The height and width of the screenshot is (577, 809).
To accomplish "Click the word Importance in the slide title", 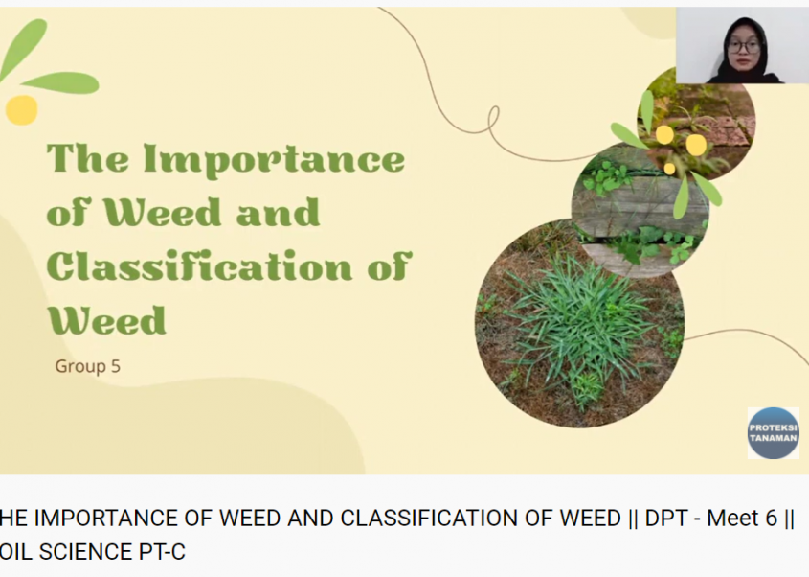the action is click(x=274, y=160).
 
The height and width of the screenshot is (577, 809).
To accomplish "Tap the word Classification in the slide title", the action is click(x=199, y=266).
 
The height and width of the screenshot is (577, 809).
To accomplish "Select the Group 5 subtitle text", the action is click(x=88, y=366).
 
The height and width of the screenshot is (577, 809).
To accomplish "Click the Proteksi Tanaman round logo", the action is click(x=773, y=433).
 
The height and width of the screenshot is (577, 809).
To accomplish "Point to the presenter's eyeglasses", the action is click(x=744, y=46).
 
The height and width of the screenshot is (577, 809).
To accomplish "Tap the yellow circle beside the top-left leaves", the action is click(x=22, y=109).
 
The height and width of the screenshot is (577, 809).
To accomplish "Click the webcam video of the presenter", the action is click(x=742, y=45).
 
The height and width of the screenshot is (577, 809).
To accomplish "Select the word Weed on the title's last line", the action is click(x=107, y=321).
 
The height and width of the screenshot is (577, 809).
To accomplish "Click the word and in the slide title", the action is click(x=278, y=213).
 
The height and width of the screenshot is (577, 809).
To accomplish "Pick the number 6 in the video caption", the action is click(x=772, y=519).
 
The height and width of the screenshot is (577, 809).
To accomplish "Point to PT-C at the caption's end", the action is click(x=162, y=552).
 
